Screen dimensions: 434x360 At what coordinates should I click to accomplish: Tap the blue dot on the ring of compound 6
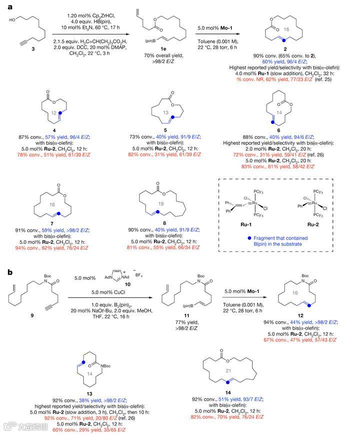pyautogui.click(x=271, y=122)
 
